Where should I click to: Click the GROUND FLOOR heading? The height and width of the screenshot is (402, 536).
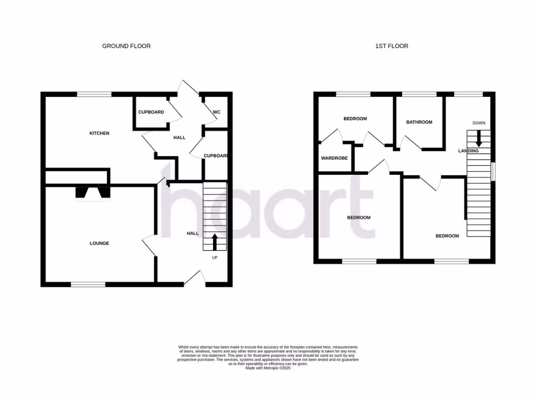click(126, 46)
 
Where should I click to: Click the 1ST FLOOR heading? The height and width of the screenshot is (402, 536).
click(392, 46)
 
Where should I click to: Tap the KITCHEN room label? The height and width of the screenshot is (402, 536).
click(99, 133)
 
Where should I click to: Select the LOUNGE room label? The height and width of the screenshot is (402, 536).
click(99, 243)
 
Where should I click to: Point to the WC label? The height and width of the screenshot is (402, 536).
click(217, 112)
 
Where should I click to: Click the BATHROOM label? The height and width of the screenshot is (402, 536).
click(419, 122)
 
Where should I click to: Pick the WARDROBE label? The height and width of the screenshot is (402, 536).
click(334, 158)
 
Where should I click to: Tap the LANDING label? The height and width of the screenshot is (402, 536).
click(468, 151)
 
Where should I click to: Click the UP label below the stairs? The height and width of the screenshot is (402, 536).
click(215, 258)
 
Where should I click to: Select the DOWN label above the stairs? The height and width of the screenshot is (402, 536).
click(478, 123)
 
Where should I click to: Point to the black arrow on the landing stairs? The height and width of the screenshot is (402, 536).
click(478, 139)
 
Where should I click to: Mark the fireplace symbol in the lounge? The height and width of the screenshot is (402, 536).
click(94, 194)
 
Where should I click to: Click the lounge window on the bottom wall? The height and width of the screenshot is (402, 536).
click(88, 284)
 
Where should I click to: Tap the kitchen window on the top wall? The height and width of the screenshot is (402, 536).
click(94, 94)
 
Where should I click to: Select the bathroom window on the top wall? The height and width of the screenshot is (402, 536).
click(419, 94)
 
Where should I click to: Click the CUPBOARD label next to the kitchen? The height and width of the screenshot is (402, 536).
click(151, 112)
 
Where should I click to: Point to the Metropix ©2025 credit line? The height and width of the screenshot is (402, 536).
click(267, 368)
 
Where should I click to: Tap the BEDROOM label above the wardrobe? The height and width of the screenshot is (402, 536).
click(355, 119)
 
